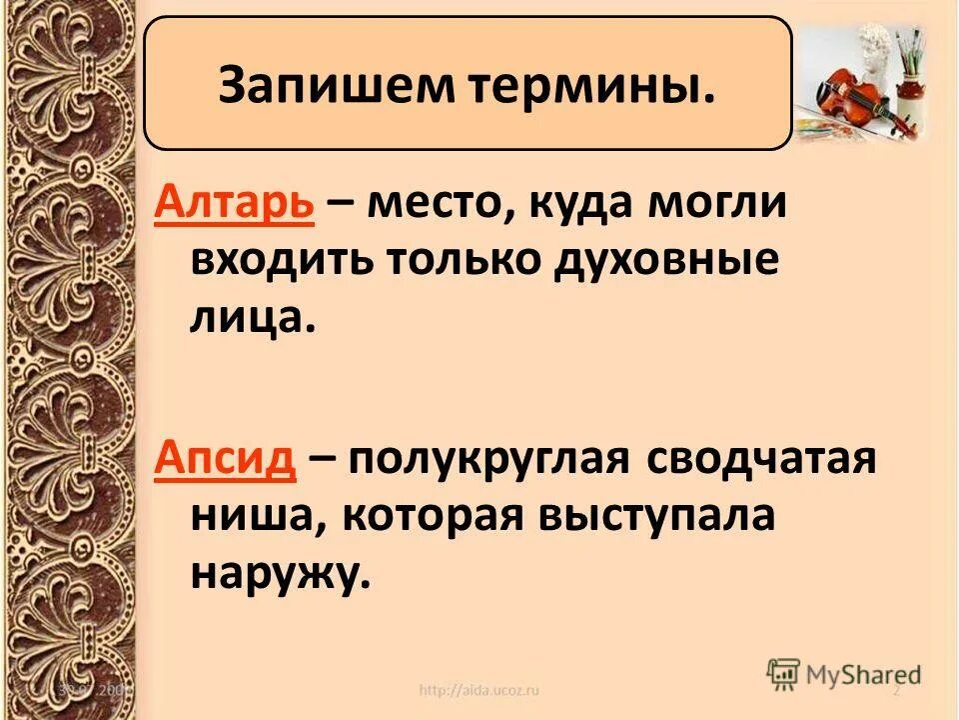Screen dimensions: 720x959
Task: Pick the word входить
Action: [x=270, y=262]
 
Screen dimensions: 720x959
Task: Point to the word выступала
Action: [x=657, y=517]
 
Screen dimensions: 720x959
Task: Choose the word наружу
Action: [x=277, y=575]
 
